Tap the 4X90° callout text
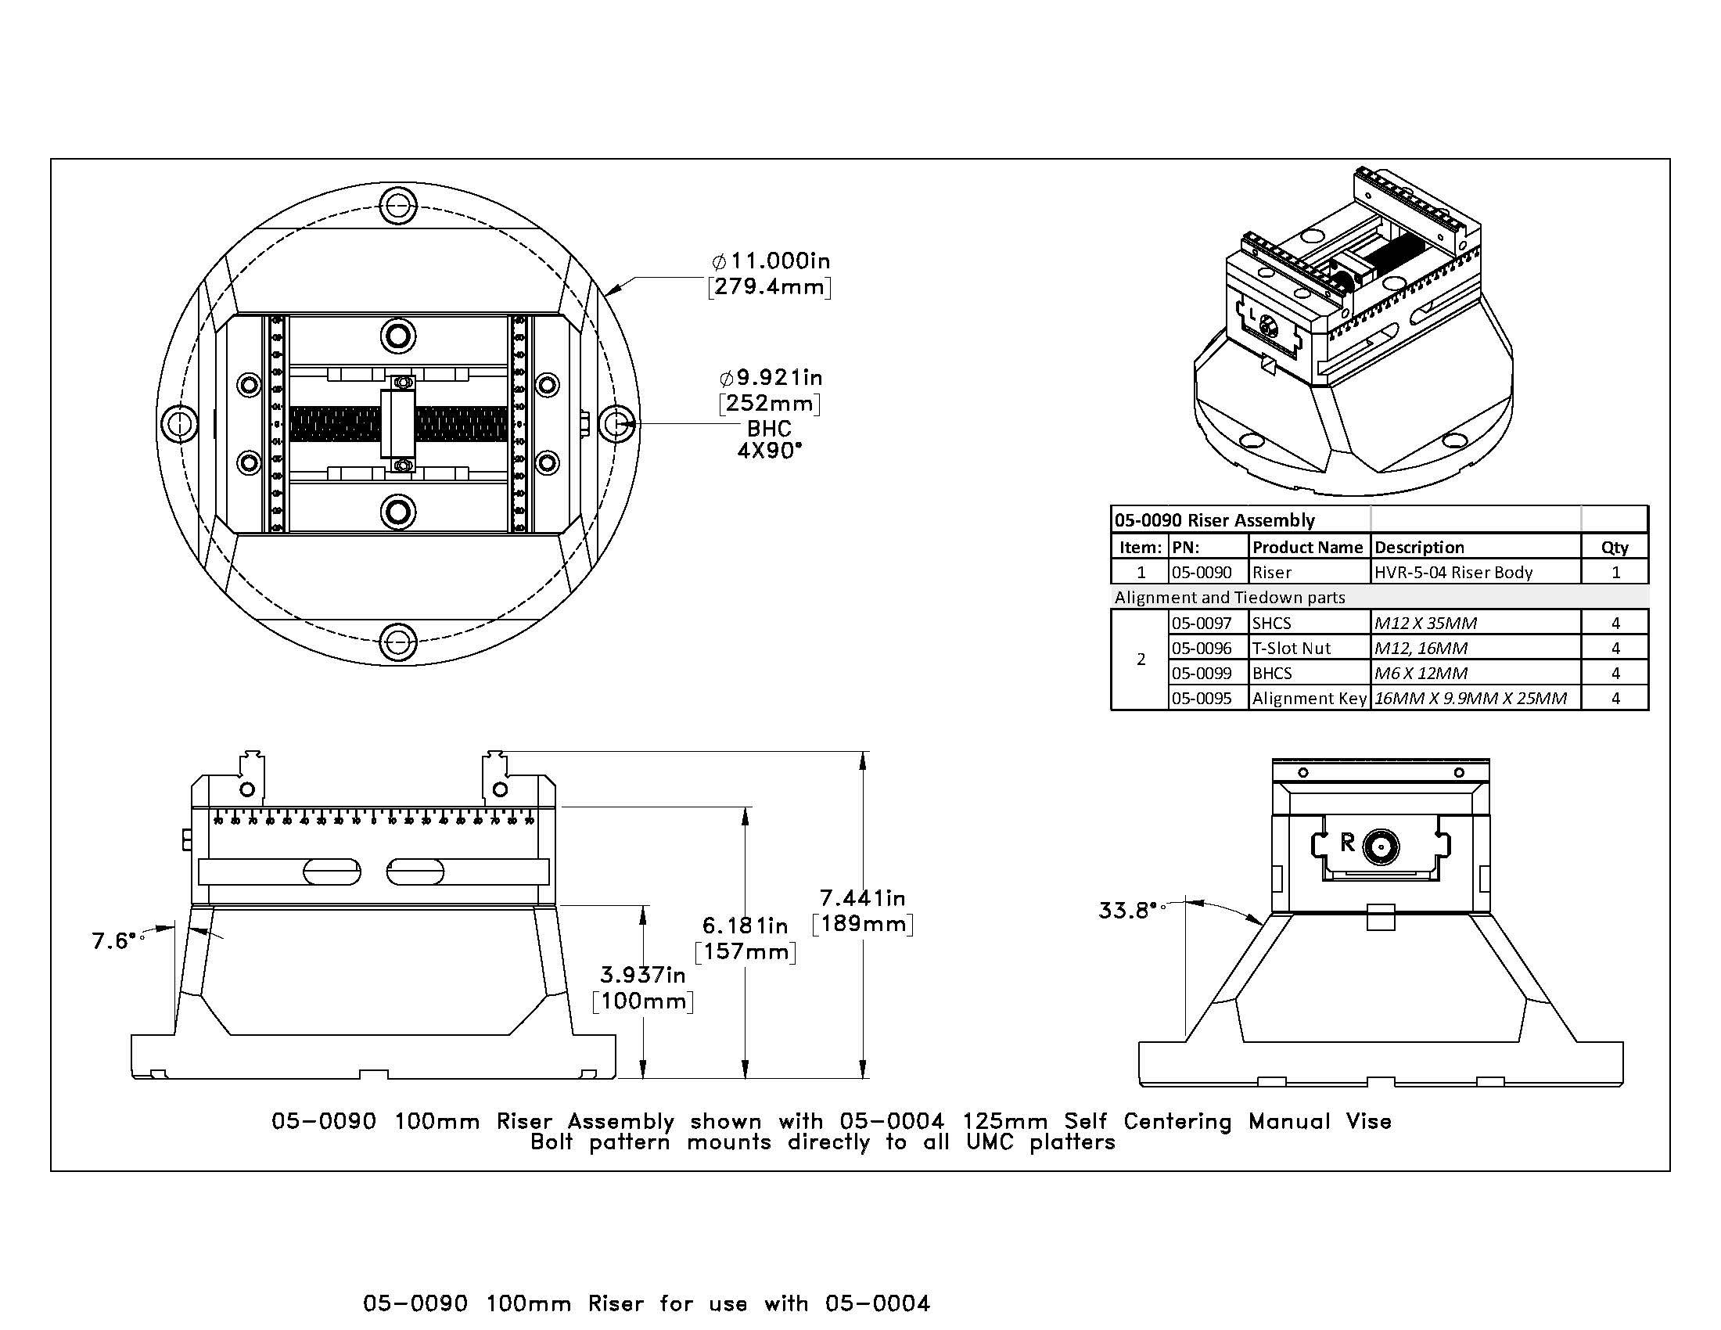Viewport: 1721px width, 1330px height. point(769,451)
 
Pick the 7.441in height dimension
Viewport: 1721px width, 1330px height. point(862,898)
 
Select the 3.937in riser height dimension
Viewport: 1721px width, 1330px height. point(642,976)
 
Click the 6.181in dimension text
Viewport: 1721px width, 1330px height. point(745,926)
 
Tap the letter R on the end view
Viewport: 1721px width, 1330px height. point(1348,843)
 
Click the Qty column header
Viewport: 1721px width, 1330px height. point(1614,547)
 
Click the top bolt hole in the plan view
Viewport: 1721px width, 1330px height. point(398,207)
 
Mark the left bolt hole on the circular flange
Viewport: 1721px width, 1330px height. point(180,423)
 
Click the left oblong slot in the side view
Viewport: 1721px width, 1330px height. point(332,872)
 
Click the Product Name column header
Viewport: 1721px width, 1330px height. point(1308,547)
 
